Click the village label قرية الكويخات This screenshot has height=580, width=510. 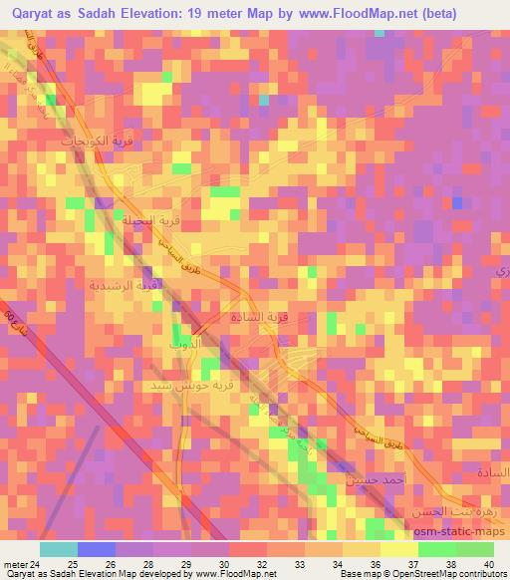pos(69,143)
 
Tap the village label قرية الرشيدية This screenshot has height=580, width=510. pos(124,285)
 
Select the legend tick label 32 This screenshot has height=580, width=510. pos(264,563)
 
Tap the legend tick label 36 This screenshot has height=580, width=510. pos(377,563)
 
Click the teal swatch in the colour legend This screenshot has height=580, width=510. pos(60,549)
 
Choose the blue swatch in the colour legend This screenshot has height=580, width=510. pos(97,549)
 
